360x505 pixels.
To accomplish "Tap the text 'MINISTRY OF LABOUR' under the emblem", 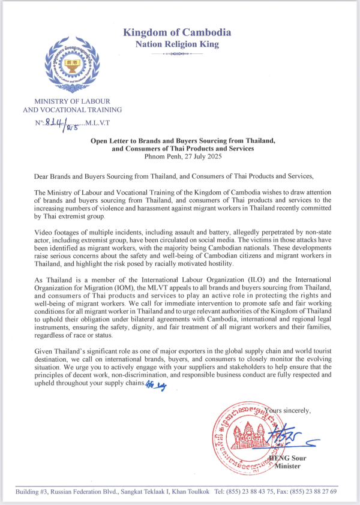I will (x=72, y=101).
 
